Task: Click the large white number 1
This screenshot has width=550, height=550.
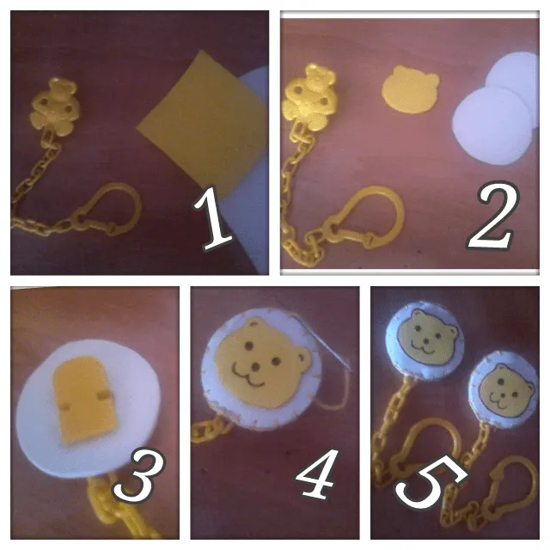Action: [213, 217]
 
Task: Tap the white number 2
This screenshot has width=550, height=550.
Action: [492, 215]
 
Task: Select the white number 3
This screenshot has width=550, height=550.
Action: [138, 476]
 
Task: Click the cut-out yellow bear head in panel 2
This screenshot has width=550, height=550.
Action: [410, 89]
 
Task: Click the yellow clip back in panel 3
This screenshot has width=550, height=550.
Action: [84, 400]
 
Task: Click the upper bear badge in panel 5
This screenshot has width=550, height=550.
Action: [425, 339]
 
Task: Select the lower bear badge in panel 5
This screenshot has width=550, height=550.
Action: [504, 387]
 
